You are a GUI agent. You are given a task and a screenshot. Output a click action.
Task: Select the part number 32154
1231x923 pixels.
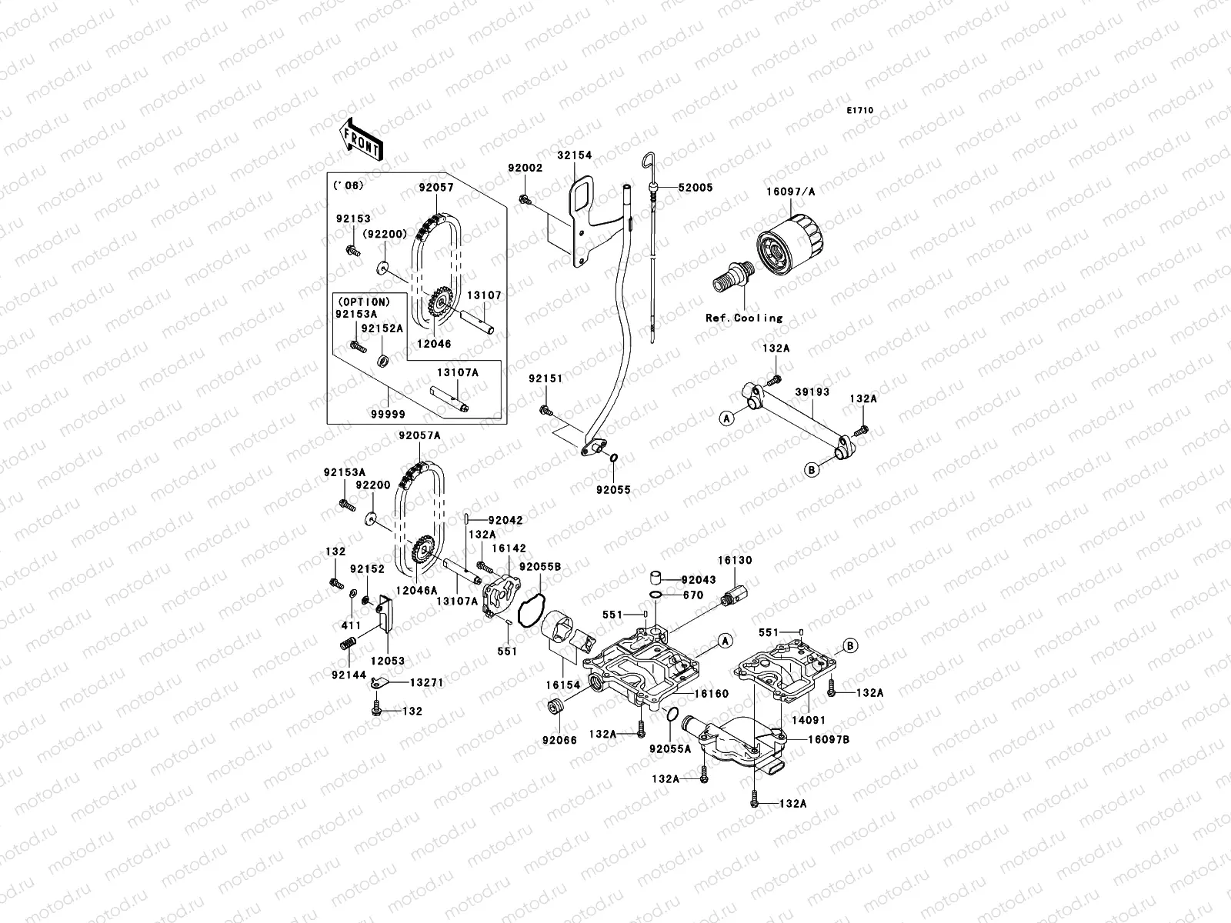[575, 155]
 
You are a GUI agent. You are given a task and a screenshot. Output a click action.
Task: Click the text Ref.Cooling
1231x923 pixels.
[743, 318]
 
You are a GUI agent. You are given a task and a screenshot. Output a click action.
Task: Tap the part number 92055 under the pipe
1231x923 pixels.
[612, 488]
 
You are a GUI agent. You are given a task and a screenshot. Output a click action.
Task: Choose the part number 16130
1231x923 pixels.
[736, 561]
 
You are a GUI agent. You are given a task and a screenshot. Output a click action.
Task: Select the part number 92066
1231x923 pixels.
[559, 741]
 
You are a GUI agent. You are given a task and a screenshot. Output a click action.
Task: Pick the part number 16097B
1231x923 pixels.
[828, 739]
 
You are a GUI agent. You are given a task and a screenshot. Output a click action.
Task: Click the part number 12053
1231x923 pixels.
[387, 661]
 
